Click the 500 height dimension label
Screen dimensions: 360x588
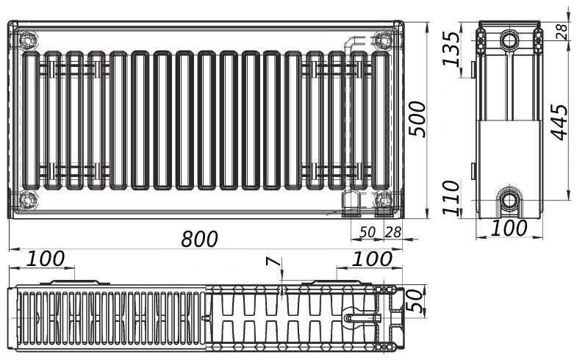click(417, 118)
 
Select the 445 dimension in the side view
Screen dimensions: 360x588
click(559, 122)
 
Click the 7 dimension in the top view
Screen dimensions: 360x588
click(273, 262)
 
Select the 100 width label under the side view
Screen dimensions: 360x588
click(509, 228)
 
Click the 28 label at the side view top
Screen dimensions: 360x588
click(562, 31)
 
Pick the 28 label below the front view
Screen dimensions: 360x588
click(393, 232)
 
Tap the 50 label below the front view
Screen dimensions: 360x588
click(367, 232)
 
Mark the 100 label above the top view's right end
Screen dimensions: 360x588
click(371, 259)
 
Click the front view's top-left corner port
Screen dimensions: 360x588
click(28, 38)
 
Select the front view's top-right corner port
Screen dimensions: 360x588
click(383, 38)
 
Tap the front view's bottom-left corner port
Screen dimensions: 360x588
click(28, 199)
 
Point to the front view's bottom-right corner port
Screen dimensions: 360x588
click(383, 199)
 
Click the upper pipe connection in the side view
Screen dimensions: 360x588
click(509, 39)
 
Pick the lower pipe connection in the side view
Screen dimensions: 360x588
click(509, 199)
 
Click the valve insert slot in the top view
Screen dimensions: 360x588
click(360, 318)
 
